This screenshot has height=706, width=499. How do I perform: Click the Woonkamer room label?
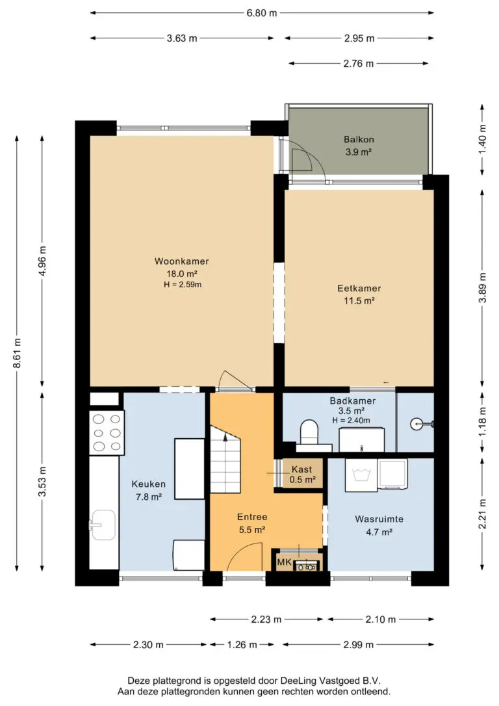[x=182, y=261]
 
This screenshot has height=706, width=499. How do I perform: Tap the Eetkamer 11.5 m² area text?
[x=359, y=301]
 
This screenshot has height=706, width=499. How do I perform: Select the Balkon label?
[x=359, y=140]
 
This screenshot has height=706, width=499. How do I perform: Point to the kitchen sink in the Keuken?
[x=103, y=525]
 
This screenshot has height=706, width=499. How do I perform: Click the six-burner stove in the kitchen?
[x=107, y=433]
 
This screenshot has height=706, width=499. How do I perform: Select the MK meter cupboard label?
[x=284, y=562]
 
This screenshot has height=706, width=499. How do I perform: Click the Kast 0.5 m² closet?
[x=301, y=474]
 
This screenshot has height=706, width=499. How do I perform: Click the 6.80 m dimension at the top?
[x=261, y=13]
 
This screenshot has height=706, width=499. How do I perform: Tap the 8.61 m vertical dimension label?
[x=17, y=352]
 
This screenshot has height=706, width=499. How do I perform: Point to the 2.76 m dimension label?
[x=359, y=64]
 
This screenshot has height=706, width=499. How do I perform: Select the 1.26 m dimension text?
[x=242, y=645]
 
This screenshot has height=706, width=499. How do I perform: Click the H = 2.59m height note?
[x=182, y=285]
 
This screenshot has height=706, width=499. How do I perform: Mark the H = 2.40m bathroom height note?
[x=352, y=421]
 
